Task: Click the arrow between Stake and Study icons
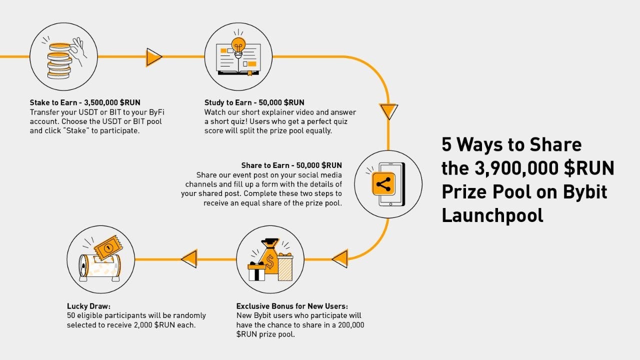tap(154, 57)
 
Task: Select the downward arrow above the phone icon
tap(388, 111)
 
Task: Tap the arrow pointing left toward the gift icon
tap(339, 258)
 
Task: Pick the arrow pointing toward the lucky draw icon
tap(189, 259)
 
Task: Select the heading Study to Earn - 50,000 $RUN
tap(254, 103)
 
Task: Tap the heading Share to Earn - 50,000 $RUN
tap(291, 165)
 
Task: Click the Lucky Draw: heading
tap(88, 306)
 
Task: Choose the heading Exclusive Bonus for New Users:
tap(292, 306)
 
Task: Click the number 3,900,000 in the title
tap(515, 168)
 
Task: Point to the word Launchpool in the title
tap(492, 215)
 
